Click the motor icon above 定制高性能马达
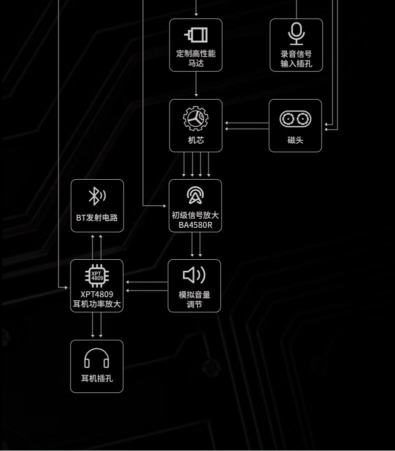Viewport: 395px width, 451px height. [195, 35]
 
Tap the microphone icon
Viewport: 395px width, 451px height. [296, 34]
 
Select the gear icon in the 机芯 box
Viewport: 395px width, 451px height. [195, 119]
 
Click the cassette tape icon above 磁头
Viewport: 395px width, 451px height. [295, 119]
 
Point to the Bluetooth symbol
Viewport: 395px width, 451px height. [97, 196]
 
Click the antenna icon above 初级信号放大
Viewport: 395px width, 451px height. [195, 195]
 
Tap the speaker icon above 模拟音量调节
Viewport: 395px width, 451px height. [194, 275]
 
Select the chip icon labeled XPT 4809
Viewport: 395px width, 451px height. [97, 276]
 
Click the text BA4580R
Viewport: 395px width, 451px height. [195, 225]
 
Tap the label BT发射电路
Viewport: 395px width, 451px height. [97, 218]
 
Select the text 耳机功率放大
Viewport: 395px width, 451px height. [97, 304]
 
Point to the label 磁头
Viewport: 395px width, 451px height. [295, 140]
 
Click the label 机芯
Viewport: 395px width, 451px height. [196, 140]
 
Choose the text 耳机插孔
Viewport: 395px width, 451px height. [97, 378]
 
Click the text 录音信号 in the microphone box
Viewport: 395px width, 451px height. [296, 54]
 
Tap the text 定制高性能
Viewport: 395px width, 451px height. [196, 54]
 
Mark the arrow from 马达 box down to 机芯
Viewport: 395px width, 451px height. [196, 84]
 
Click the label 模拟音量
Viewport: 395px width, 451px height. [194, 295]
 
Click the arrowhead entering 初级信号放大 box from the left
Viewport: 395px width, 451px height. [164, 206]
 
